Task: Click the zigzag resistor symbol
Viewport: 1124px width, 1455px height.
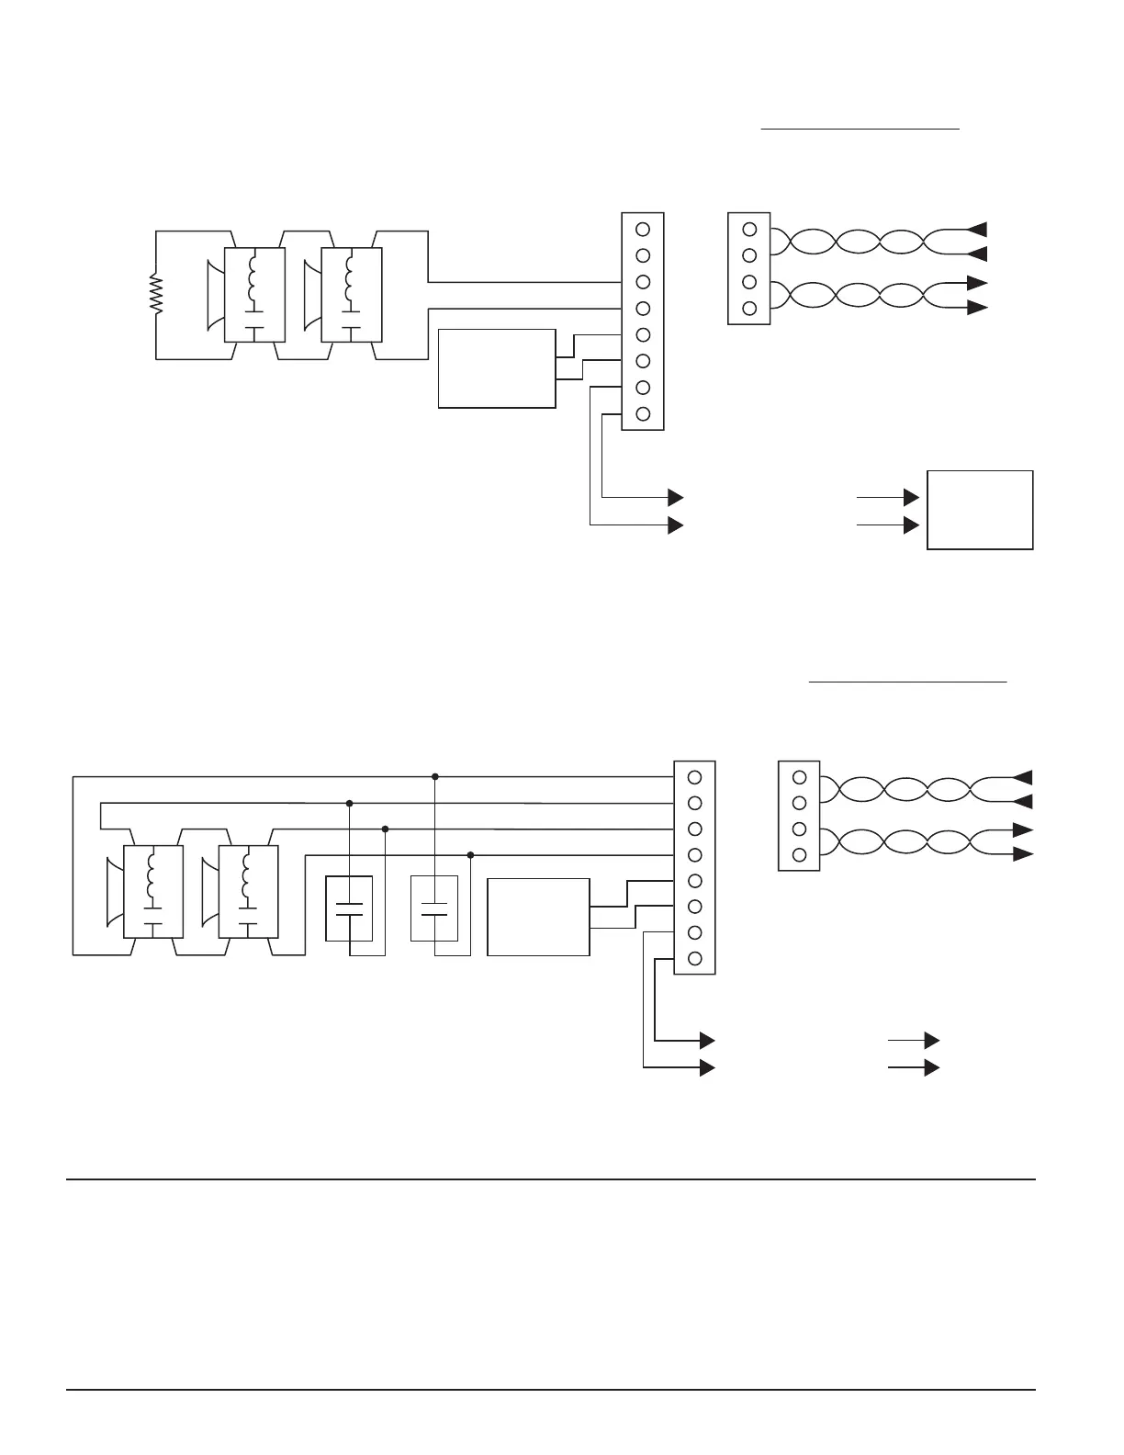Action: click(x=157, y=296)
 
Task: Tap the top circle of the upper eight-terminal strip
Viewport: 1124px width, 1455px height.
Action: click(x=643, y=229)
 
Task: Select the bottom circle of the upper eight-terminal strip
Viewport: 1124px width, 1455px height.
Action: click(x=643, y=413)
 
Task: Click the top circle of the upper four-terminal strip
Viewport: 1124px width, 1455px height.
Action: click(x=749, y=229)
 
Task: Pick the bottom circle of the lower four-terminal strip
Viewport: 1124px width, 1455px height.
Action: click(x=799, y=855)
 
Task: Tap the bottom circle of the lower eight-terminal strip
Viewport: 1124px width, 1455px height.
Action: click(x=695, y=959)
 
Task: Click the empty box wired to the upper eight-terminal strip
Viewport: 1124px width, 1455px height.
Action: click(x=497, y=367)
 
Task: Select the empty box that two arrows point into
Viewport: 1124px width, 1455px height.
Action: click(x=980, y=510)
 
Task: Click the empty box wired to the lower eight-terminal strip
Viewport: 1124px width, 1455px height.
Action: click(x=538, y=917)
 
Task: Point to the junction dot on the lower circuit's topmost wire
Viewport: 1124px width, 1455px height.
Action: click(x=435, y=776)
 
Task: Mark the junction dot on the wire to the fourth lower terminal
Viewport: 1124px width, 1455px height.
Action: click(x=470, y=855)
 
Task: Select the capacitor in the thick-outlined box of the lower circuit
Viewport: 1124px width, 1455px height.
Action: click(x=349, y=909)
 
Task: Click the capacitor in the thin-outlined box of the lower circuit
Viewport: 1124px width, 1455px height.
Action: click(x=433, y=909)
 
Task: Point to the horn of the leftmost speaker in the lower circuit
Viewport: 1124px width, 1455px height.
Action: click(x=114, y=892)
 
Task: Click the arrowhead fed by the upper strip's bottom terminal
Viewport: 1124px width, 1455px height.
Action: click(x=676, y=497)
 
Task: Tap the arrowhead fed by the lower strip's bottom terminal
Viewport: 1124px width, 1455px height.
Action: click(x=707, y=1040)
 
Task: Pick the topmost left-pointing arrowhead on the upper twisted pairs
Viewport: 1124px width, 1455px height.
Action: click(x=979, y=228)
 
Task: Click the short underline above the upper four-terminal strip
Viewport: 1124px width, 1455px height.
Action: click(x=860, y=130)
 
